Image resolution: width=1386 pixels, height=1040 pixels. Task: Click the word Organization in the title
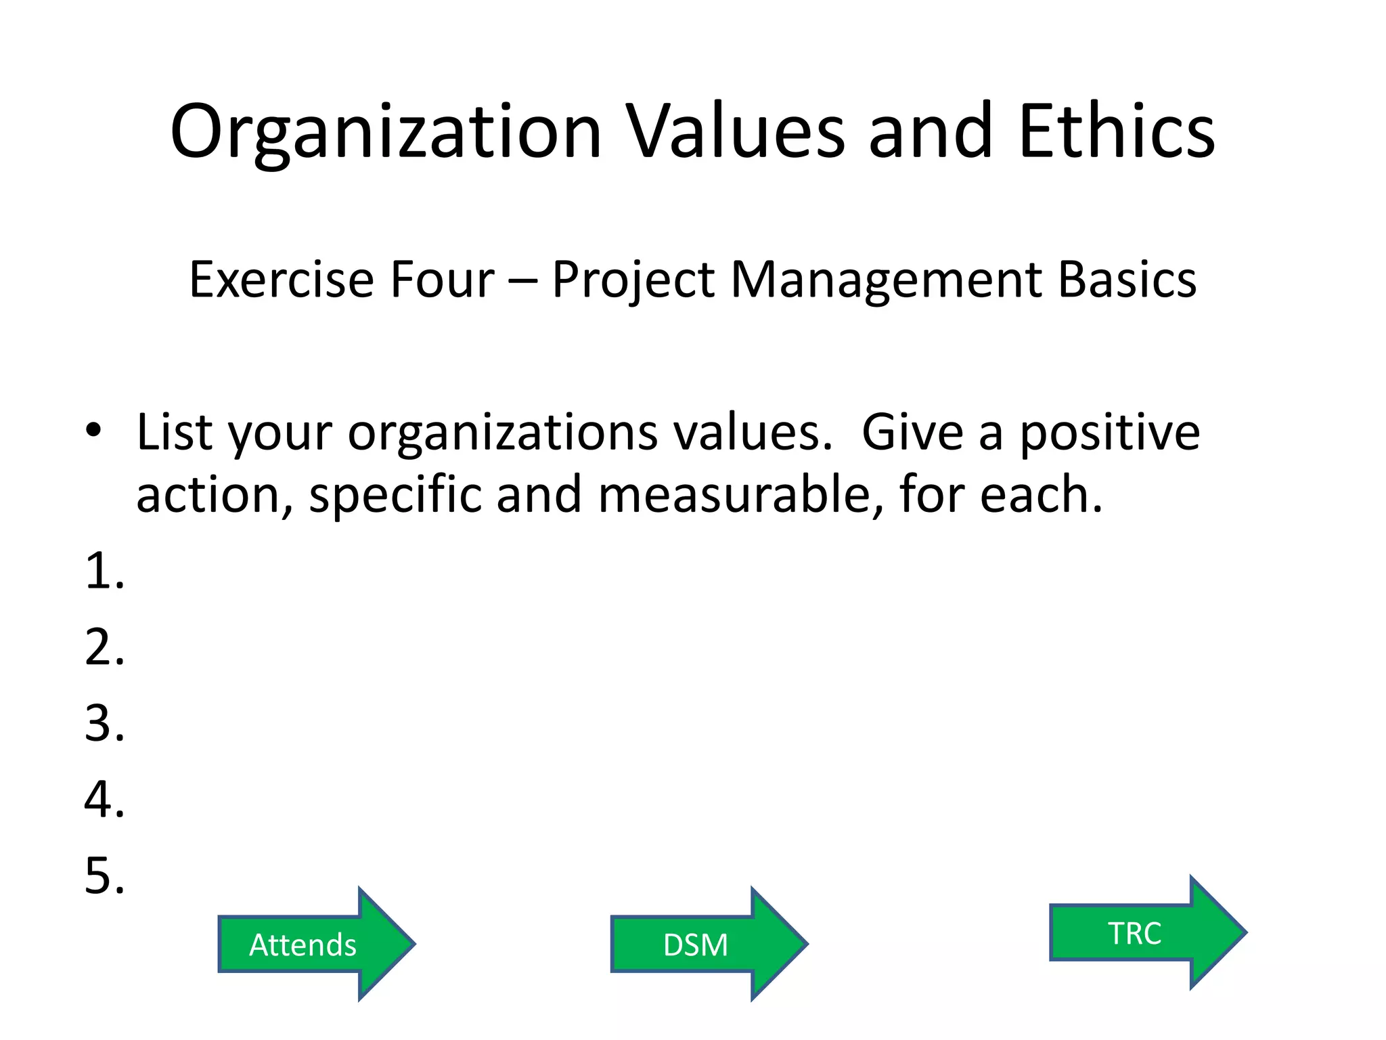coord(386,132)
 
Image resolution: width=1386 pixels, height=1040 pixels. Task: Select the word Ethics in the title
coord(1117,132)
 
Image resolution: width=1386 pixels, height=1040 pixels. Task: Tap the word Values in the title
coord(734,132)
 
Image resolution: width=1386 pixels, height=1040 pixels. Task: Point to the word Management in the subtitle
coord(887,280)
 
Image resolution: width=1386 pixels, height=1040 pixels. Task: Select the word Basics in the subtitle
coord(1127,280)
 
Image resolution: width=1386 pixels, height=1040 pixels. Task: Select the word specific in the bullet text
coord(395,495)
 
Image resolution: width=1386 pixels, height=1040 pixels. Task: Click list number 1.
coord(104,571)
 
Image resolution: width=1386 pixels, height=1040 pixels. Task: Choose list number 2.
coord(104,647)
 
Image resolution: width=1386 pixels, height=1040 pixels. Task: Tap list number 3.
coord(104,724)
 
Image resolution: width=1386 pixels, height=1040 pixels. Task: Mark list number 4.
coord(104,800)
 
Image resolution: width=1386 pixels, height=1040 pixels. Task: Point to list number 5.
coord(104,876)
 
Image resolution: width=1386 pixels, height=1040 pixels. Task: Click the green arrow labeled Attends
coord(315,944)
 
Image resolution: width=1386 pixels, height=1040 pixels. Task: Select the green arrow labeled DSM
coord(708,944)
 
